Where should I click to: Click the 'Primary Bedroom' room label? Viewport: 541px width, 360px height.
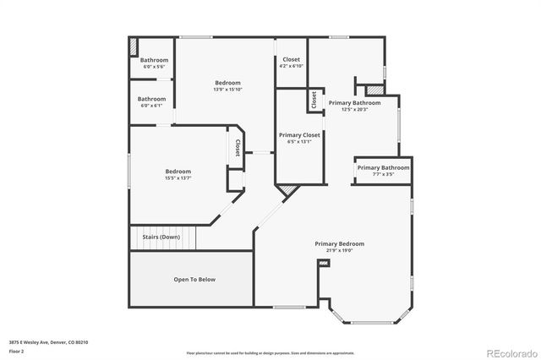(x=340, y=243)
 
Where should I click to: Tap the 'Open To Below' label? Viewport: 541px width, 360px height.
(x=194, y=279)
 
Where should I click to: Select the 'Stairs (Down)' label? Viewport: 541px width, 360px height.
(x=160, y=237)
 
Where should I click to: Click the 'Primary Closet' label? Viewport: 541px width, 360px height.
(x=299, y=134)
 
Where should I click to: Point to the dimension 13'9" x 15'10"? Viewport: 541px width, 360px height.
(x=227, y=90)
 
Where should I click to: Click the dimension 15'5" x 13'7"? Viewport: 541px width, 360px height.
(x=178, y=178)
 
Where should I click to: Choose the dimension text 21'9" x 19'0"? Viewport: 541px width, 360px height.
(x=340, y=251)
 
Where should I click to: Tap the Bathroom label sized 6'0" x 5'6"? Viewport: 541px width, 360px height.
(x=154, y=60)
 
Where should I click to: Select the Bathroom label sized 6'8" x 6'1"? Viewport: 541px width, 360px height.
(x=152, y=99)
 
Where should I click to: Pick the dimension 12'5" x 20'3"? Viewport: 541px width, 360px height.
(x=355, y=109)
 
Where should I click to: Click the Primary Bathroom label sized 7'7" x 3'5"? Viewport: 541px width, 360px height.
(x=383, y=167)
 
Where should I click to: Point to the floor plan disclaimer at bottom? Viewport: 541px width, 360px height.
(x=270, y=352)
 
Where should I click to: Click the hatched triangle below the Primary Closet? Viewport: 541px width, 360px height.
(x=287, y=191)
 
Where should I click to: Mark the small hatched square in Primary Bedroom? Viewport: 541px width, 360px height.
(x=322, y=265)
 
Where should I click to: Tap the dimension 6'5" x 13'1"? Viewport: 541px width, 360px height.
(x=299, y=141)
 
